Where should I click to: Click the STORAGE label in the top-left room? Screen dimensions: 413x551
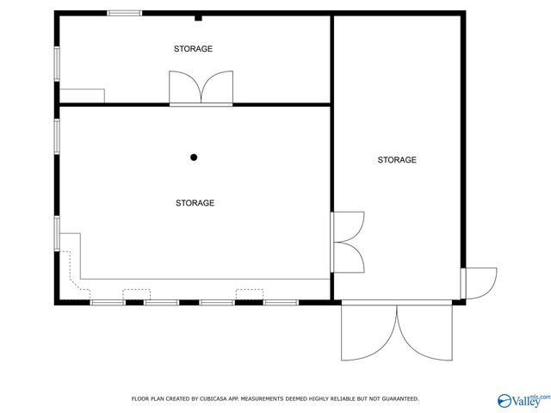[193, 49]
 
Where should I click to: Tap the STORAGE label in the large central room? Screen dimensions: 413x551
[195, 203]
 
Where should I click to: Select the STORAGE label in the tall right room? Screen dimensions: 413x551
[397, 160]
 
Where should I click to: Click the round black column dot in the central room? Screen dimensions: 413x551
[194, 157]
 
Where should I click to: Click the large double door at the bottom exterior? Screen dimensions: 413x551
[396, 331]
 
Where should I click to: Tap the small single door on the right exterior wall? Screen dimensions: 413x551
[479, 283]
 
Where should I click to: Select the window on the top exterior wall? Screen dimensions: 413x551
[125, 13]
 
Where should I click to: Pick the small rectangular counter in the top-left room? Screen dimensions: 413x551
[82, 96]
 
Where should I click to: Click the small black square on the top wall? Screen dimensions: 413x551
[198, 16]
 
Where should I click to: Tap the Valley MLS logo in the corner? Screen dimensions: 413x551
[522, 401]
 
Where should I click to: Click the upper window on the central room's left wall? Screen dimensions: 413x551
[58, 136]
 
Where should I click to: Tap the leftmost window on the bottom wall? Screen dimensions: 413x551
[107, 302]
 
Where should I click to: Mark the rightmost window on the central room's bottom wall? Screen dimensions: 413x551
[281, 302]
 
